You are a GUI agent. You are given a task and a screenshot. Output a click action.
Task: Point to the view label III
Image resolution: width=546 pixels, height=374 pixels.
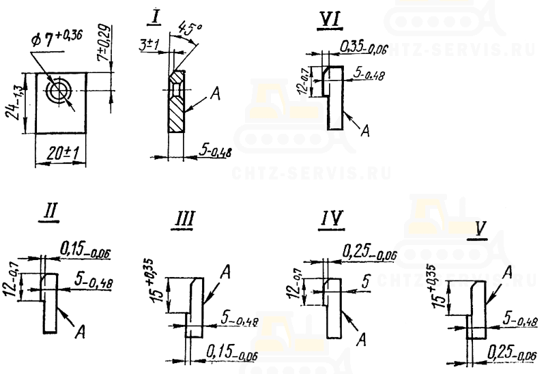[183, 219]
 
